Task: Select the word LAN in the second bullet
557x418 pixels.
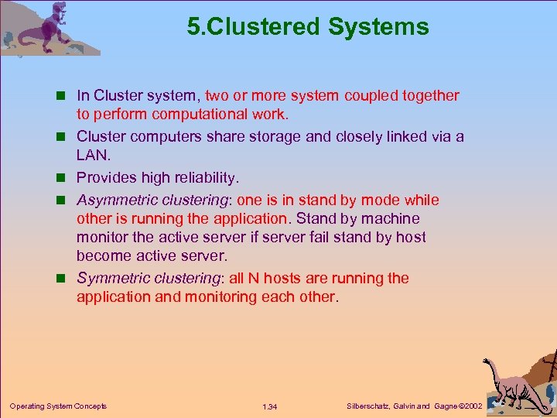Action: point(92,156)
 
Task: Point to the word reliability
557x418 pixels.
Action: point(197,178)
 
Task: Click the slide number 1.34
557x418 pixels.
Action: point(270,406)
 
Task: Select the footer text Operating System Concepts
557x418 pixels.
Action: point(58,406)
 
